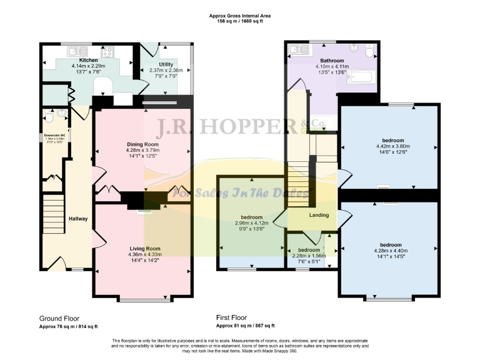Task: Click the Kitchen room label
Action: tap(87, 60)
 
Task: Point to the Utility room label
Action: tap(166, 64)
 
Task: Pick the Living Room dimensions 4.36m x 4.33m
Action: tap(145, 254)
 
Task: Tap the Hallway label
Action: tap(78, 218)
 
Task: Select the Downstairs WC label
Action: tap(56, 133)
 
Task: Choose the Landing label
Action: tap(319, 215)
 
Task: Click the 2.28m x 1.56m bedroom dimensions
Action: tap(309, 255)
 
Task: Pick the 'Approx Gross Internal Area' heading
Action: tap(240, 16)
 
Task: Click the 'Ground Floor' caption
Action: tap(59, 317)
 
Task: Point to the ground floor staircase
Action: tap(52, 212)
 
